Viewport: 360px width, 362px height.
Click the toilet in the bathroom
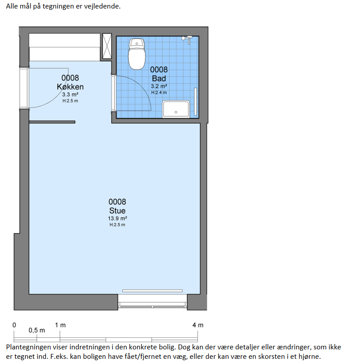click(x=137, y=54)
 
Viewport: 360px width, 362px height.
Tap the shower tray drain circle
click(x=176, y=112)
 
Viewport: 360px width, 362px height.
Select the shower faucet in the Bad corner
click(x=187, y=39)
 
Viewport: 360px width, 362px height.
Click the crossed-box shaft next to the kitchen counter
click(x=107, y=46)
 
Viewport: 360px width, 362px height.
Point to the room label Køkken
click(x=70, y=87)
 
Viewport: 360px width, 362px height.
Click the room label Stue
click(x=117, y=210)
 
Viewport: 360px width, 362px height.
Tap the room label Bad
click(x=159, y=79)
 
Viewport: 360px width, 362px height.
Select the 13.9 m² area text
click(x=117, y=219)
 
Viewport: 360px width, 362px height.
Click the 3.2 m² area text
click(x=159, y=86)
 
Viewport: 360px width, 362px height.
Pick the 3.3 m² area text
click(x=70, y=94)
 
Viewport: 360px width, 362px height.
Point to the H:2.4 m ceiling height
click(x=159, y=93)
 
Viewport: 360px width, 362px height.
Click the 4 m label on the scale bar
click(x=198, y=325)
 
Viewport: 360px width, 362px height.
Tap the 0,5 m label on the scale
click(x=37, y=331)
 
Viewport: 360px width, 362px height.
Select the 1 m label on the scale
click(x=60, y=325)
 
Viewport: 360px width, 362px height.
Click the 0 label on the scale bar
click(x=14, y=325)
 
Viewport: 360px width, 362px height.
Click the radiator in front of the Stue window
click(x=153, y=291)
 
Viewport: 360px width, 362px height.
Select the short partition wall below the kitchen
click(x=52, y=122)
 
